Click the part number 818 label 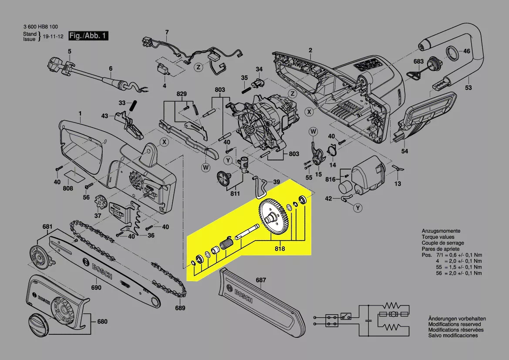[280, 249]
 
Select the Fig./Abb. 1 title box [89, 36]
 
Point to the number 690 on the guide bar [96, 288]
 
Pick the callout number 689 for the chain [180, 308]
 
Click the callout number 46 [467, 51]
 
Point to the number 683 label [418, 61]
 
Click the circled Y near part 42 [358, 208]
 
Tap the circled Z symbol [198, 67]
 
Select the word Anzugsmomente [441, 231]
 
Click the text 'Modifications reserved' [454, 324]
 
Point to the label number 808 [68, 189]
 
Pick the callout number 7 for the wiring [166, 32]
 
